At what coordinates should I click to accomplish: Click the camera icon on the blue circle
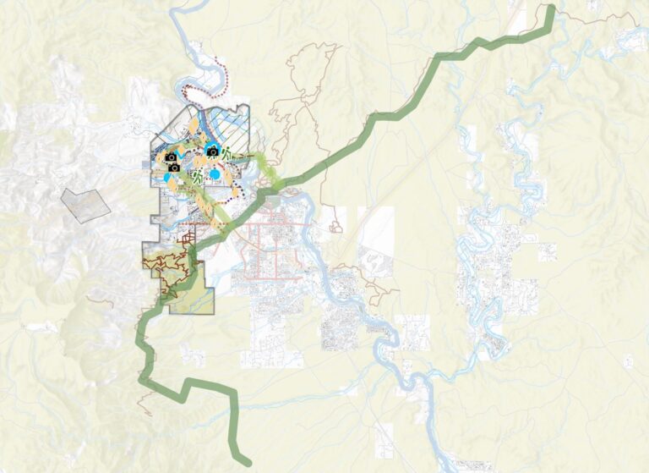pos(212,151)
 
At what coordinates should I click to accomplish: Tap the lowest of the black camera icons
pos(173,168)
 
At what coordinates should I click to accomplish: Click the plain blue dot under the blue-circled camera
pos(215,174)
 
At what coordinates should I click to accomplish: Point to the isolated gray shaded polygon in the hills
pos(85,204)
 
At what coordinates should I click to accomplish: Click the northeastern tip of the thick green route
pos(551,10)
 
